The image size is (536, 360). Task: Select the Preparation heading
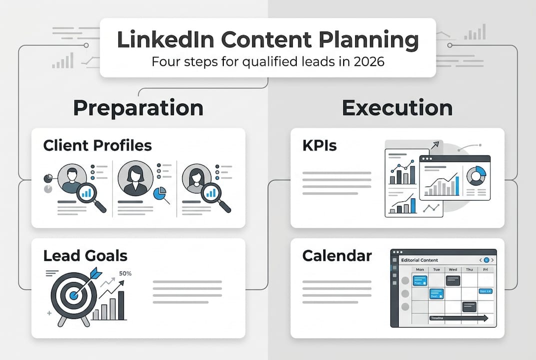pyautogui.click(x=138, y=108)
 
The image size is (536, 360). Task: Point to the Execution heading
pyautogui.click(x=397, y=108)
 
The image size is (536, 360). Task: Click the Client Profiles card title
pyautogui.click(x=97, y=145)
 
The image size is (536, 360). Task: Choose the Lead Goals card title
pyautogui.click(x=85, y=256)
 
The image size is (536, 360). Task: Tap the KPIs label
pyautogui.click(x=319, y=145)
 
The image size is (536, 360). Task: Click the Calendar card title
pyautogui.click(x=337, y=256)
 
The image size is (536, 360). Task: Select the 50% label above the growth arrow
pyautogui.click(x=125, y=273)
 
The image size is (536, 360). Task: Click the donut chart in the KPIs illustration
pyautogui.click(x=476, y=176)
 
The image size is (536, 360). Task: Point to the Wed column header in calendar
pyautogui.click(x=453, y=269)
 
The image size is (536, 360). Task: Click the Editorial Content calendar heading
pyautogui.click(x=420, y=260)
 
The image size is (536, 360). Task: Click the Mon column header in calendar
pyautogui.click(x=420, y=269)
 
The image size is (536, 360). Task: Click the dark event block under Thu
pyautogui.click(x=470, y=306)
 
